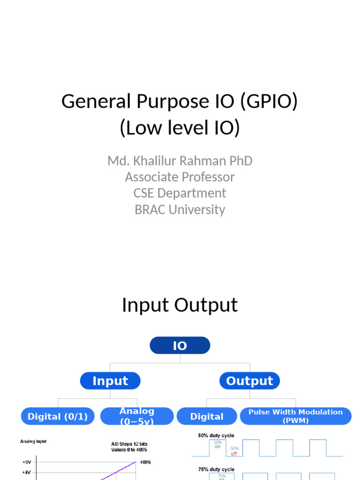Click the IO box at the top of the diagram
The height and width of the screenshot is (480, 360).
pos(180,346)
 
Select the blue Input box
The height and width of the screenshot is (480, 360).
pos(110,381)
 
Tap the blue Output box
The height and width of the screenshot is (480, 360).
pos(249,381)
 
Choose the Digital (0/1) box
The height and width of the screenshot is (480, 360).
pos(58,416)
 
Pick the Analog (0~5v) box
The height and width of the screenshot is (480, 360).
pos(137,416)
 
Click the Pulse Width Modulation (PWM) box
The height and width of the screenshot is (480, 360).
pos(295,416)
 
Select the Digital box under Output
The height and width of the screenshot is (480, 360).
pos(207,416)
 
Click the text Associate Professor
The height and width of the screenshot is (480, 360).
pos(180,177)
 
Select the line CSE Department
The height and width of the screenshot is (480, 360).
pos(180,193)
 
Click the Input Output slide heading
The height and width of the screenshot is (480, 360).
pos(180,305)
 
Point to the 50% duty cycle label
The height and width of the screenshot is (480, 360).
pos(216,435)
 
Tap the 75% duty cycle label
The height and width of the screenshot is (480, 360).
pos(216,469)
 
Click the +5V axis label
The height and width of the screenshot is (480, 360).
pos(27,462)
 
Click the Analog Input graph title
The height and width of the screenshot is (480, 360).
pos(33,441)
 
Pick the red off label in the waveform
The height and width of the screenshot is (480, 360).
pos(234,454)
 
